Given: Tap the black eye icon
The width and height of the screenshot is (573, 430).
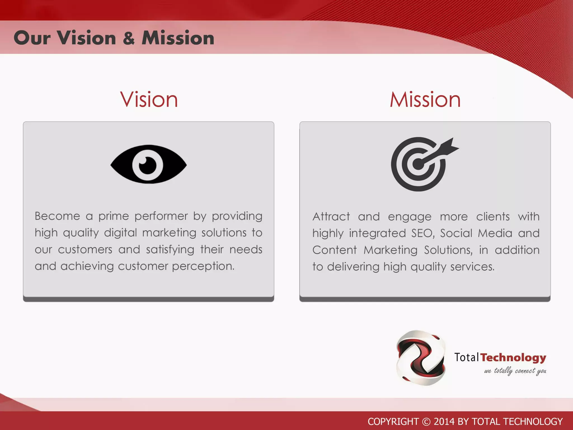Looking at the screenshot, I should [x=148, y=164].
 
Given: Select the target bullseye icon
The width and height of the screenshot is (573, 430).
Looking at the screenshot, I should [x=419, y=164].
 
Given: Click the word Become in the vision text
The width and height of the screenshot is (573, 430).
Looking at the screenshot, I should [x=57, y=216].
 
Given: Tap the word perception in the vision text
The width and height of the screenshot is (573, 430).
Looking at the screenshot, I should [x=203, y=266].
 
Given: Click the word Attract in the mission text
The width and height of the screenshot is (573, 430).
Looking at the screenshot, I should [x=331, y=217].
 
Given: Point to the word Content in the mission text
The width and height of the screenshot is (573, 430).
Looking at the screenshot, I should [x=334, y=250].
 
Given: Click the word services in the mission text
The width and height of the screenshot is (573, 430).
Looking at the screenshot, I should [x=472, y=267].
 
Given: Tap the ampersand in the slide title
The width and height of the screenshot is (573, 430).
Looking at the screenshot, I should [x=129, y=38].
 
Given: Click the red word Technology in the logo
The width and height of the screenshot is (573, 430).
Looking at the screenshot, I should [x=513, y=357].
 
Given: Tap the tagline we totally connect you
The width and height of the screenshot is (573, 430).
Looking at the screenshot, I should [x=515, y=371].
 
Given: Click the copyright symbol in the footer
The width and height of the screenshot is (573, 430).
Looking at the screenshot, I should [x=426, y=422].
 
